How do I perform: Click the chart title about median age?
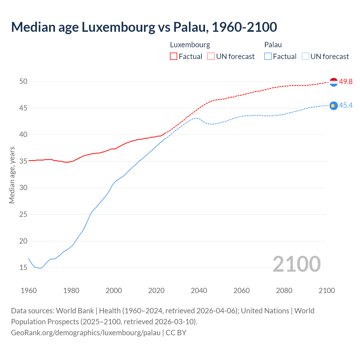(x=144, y=27)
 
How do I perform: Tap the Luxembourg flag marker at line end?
(x=334, y=82)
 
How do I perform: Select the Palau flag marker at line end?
(x=334, y=105)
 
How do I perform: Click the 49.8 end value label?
(x=346, y=82)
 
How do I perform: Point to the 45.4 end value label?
(x=346, y=105)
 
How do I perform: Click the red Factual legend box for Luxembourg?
(x=174, y=57)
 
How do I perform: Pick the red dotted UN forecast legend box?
(x=211, y=57)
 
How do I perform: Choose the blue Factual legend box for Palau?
(x=268, y=57)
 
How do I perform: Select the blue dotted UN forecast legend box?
(x=305, y=57)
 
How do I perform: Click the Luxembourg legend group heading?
(x=190, y=45)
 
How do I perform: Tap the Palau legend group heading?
(x=273, y=45)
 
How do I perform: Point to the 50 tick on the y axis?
(x=23, y=82)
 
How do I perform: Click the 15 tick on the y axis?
(x=23, y=268)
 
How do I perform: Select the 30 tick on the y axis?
(x=23, y=188)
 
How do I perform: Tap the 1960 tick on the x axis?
(x=29, y=291)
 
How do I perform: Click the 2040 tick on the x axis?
(x=199, y=291)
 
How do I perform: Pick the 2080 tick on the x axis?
(x=284, y=291)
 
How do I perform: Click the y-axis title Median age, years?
(x=12, y=175)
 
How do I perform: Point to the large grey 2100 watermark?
(x=296, y=264)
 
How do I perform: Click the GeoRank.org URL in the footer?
(x=85, y=333)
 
